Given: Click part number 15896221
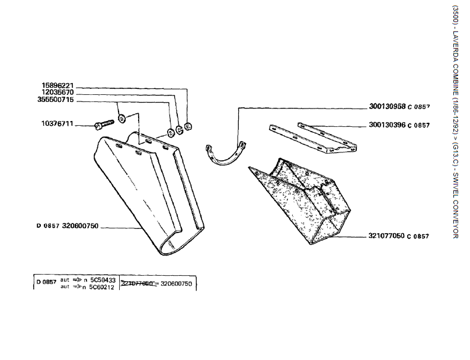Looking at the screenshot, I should (57, 85).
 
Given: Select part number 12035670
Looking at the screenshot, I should (57, 93).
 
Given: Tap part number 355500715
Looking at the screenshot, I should (55, 100).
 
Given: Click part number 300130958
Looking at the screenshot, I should (386, 107).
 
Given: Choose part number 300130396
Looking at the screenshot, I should (386, 125).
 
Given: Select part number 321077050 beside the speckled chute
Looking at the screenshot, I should (386, 236).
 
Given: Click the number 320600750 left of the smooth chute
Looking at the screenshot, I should (80, 226).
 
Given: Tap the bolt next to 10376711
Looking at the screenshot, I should (105, 125).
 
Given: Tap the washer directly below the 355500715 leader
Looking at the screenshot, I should (122, 118).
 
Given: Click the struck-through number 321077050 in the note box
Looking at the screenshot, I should (137, 283).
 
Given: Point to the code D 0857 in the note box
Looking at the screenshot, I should (46, 282).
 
